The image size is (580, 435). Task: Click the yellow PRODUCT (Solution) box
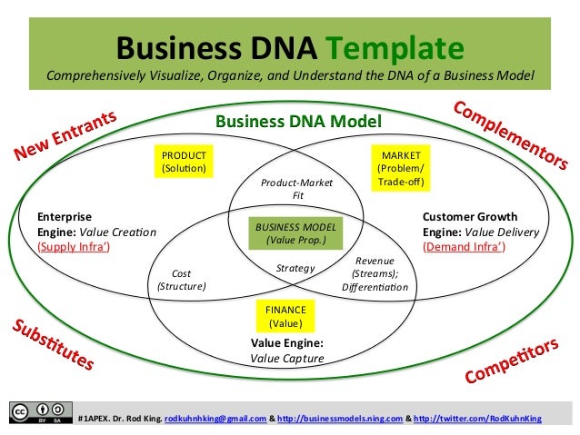[184, 162]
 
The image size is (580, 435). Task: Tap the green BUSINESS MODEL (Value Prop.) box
[295, 233]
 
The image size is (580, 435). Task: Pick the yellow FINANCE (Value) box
[285, 315]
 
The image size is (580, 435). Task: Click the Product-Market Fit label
[297, 189]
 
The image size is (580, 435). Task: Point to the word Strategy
[295, 268]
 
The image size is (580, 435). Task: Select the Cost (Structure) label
[182, 279]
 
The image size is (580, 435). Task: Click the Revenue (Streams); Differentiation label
[375, 272]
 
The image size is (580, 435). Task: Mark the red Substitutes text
[53, 345]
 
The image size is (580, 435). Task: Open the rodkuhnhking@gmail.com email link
[215, 419]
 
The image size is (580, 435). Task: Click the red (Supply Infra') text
[74, 246]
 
